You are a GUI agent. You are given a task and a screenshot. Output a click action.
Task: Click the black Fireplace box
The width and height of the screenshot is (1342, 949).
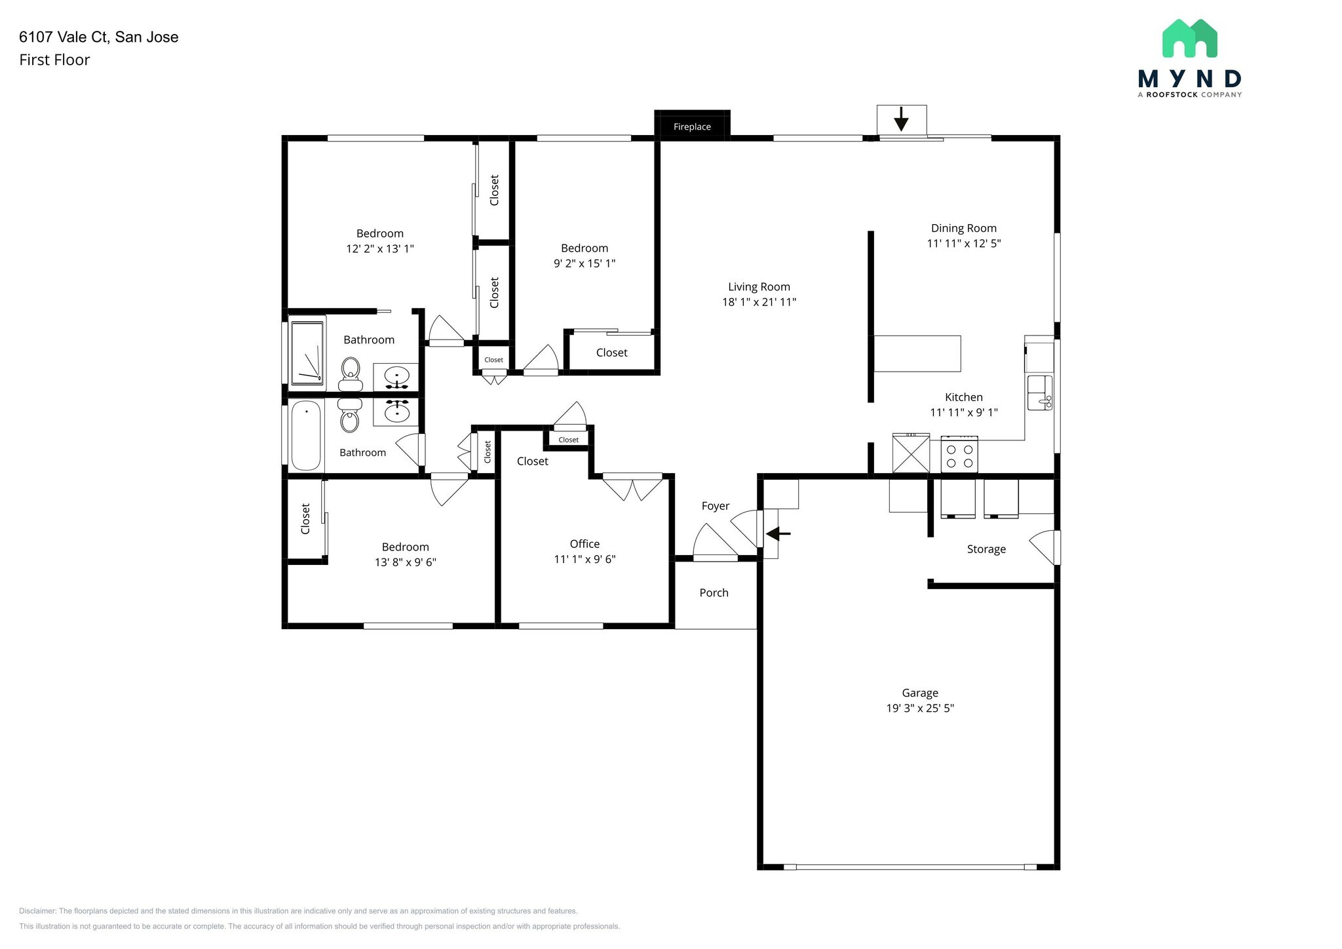(x=692, y=125)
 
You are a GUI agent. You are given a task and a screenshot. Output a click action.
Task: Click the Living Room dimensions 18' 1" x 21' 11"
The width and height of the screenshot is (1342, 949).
(x=759, y=302)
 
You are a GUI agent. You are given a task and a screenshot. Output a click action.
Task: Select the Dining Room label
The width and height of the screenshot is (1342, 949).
(x=963, y=228)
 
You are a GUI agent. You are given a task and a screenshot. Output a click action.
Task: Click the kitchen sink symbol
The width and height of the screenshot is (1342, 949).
(x=1039, y=393)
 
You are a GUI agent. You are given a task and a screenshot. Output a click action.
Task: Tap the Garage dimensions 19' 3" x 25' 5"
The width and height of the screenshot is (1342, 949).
(x=920, y=708)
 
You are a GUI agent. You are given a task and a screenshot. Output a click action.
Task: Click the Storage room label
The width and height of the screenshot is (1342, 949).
(x=986, y=549)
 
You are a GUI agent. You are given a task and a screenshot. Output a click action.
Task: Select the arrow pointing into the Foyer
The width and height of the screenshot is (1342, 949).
(x=778, y=533)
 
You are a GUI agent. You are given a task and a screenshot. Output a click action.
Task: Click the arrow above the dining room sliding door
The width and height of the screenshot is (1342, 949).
(x=901, y=119)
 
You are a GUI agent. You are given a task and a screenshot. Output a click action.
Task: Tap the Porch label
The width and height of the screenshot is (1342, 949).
(x=714, y=592)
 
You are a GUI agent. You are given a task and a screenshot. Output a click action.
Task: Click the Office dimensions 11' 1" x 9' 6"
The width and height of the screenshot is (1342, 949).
(x=585, y=559)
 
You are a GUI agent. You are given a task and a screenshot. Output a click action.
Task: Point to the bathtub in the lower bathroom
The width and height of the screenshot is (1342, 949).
(x=306, y=435)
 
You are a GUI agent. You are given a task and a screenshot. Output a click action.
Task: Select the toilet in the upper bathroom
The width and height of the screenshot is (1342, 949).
(x=351, y=374)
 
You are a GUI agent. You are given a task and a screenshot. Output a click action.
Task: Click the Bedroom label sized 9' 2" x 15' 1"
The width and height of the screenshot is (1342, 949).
(x=584, y=248)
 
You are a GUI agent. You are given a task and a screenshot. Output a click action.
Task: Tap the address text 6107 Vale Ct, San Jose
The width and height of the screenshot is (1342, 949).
(x=99, y=37)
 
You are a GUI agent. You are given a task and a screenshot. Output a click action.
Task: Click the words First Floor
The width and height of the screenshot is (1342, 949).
(x=54, y=60)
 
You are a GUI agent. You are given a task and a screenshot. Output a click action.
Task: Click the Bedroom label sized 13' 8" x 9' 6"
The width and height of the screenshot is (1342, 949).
(x=405, y=547)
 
